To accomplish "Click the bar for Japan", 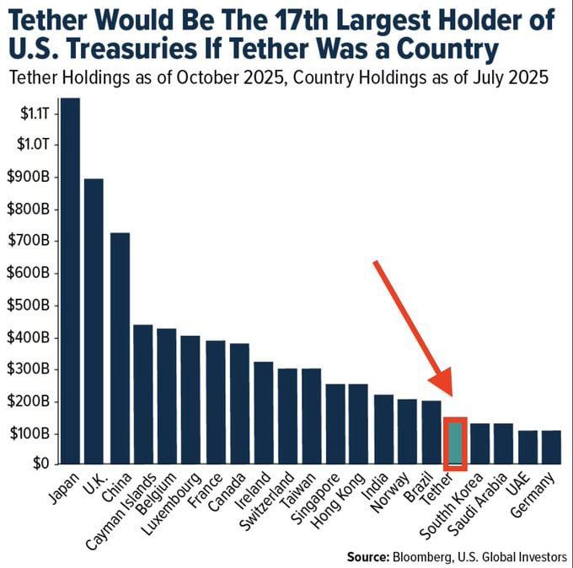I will click(70, 282).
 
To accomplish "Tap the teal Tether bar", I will click(455, 443).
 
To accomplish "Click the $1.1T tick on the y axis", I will click(34, 112).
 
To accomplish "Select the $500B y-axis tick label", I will click(29, 305).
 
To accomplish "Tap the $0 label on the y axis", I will click(40, 463).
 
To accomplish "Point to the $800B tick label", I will click(29, 210).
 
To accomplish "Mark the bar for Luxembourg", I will click(190, 400).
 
